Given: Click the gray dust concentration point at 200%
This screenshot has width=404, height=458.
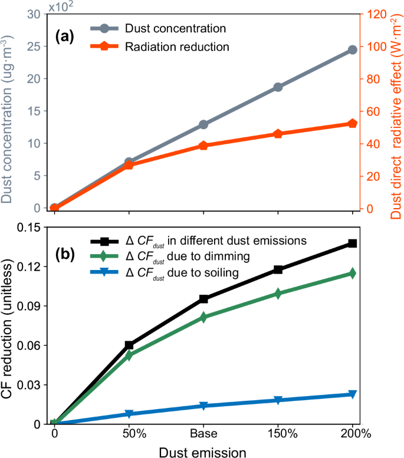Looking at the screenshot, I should click(352, 50).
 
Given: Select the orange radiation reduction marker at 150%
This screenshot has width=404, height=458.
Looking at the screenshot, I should click(278, 134).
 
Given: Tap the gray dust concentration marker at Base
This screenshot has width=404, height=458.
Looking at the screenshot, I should click(203, 124).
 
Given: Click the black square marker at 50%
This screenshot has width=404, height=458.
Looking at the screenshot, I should click(129, 345).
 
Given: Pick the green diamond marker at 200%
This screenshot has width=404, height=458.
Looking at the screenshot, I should click(352, 273).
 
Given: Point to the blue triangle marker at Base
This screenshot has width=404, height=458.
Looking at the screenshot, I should click(203, 406).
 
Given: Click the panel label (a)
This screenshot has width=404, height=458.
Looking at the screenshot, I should click(65, 37).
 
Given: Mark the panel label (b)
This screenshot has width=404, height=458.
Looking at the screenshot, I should click(65, 255).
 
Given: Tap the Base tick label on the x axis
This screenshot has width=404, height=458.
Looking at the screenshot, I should click(203, 436).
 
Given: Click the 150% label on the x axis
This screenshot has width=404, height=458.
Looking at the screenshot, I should click(278, 436).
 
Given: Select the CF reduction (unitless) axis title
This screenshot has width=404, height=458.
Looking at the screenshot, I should click(8, 324).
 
